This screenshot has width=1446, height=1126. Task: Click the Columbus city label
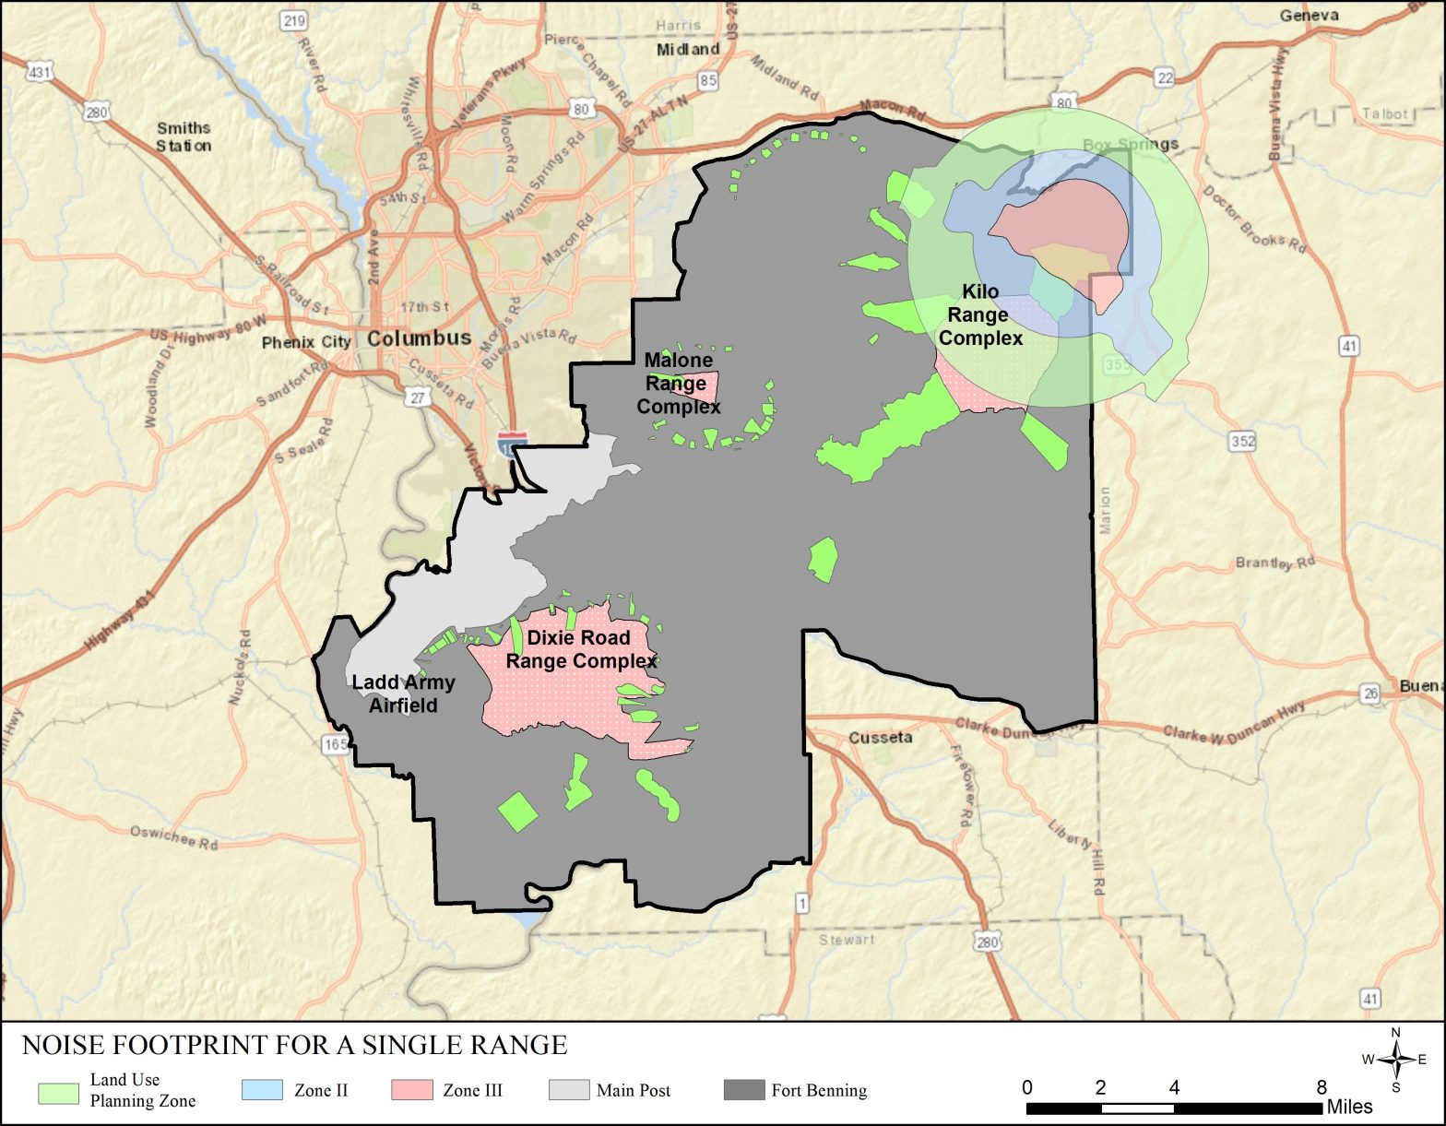[420, 338]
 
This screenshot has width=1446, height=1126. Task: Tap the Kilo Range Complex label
[980, 315]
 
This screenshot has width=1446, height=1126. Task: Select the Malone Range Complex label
[679, 384]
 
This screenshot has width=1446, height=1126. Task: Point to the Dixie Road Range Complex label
[580, 650]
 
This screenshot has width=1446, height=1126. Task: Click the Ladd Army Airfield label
[404, 693]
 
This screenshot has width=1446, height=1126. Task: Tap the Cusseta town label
[881, 738]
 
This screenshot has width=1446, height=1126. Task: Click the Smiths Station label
[184, 136]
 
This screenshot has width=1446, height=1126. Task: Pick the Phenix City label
[305, 342]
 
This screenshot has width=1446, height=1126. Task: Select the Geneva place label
[1309, 16]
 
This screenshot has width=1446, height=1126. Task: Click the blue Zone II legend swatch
[262, 1089]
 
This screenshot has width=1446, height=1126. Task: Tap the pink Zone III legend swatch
[411, 1089]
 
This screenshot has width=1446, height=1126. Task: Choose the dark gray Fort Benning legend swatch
[744, 1089]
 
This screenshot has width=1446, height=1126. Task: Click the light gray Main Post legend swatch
[569, 1089]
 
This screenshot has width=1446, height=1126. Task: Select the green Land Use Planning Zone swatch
[58, 1093]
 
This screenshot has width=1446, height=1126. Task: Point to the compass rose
[1396, 1060]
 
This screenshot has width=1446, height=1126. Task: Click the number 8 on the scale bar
[1322, 1087]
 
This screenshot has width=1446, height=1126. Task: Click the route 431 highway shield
[39, 72]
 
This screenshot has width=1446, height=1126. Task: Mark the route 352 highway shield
[1243, 441]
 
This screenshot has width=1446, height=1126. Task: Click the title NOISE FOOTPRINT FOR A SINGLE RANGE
[294, 1045]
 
